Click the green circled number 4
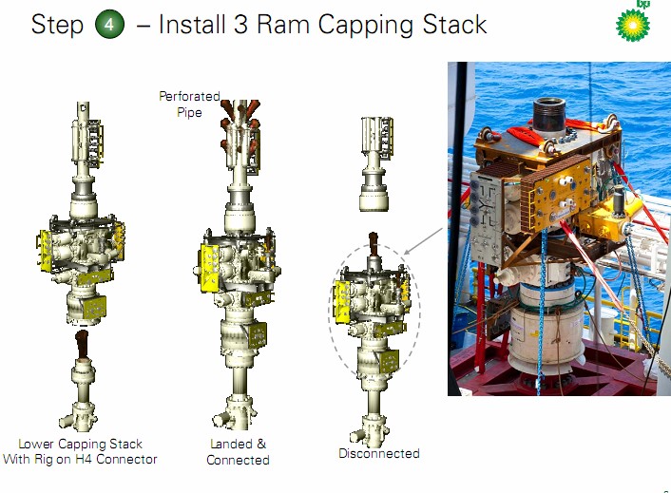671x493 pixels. coord(111,25)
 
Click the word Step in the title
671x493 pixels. coord(57,25)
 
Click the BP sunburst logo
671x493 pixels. coord(633,21)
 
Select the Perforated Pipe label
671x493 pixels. coord(189,104)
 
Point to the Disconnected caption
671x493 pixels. coord(379,453)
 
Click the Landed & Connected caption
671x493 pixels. coord(238,452)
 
